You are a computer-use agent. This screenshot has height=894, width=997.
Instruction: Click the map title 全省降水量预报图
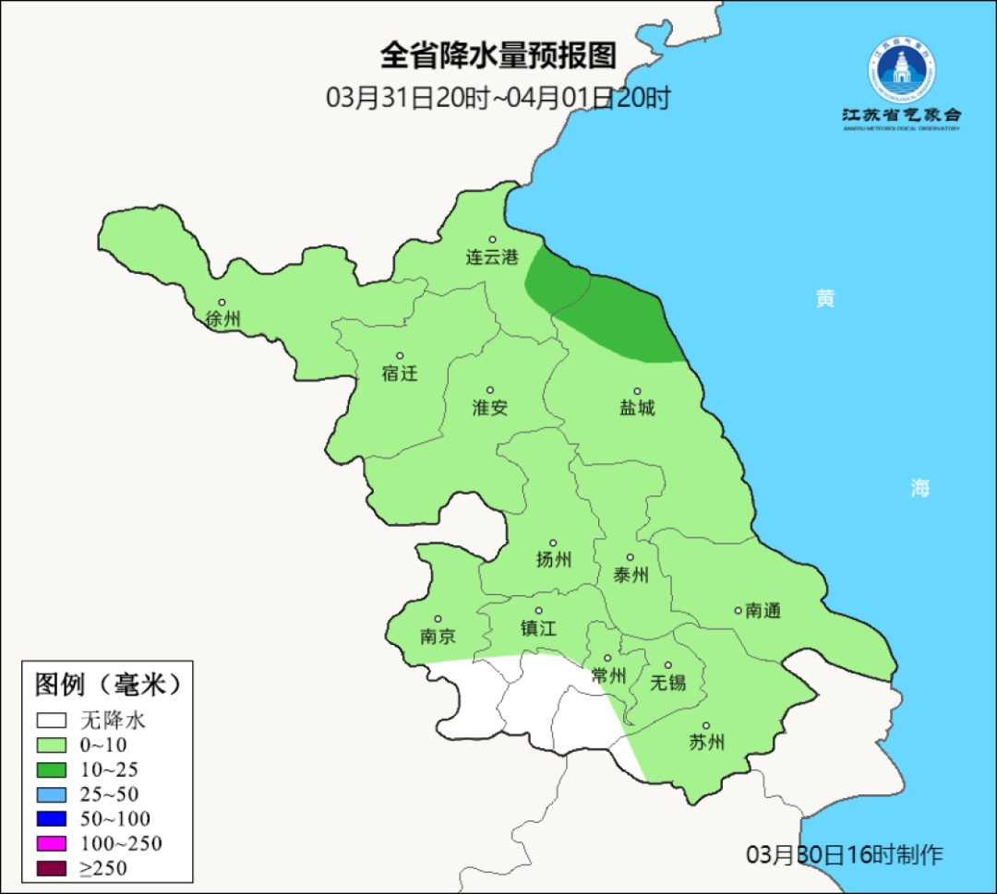(498, 56)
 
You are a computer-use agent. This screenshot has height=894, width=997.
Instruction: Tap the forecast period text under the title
(498, 98)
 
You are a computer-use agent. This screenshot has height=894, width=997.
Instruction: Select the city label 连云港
(492, 258)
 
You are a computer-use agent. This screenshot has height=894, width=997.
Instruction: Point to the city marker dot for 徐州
(222, 303)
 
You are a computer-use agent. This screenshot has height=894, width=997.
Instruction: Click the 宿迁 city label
(400, 374)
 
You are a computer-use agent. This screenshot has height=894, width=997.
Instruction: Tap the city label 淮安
(490, 408)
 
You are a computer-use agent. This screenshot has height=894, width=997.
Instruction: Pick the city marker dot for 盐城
(636, 391)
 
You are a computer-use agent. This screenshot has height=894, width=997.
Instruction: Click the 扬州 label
(554, 560)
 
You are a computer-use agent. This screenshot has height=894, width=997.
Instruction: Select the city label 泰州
(631, 576)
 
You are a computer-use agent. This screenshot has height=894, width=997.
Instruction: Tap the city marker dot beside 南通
(738, 610)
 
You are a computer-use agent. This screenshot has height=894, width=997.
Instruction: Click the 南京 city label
(438, 637)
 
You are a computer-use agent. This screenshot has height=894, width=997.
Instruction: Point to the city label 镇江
(538, 628)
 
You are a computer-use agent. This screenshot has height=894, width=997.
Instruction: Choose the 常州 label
(608, 676)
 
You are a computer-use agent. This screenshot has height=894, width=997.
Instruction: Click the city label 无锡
(668, 683)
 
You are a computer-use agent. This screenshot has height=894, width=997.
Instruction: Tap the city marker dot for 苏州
(706, 726)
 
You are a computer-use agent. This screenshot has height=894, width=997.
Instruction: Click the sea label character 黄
(824, 298)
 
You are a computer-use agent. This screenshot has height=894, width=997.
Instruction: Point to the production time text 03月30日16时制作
(845, 854)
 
